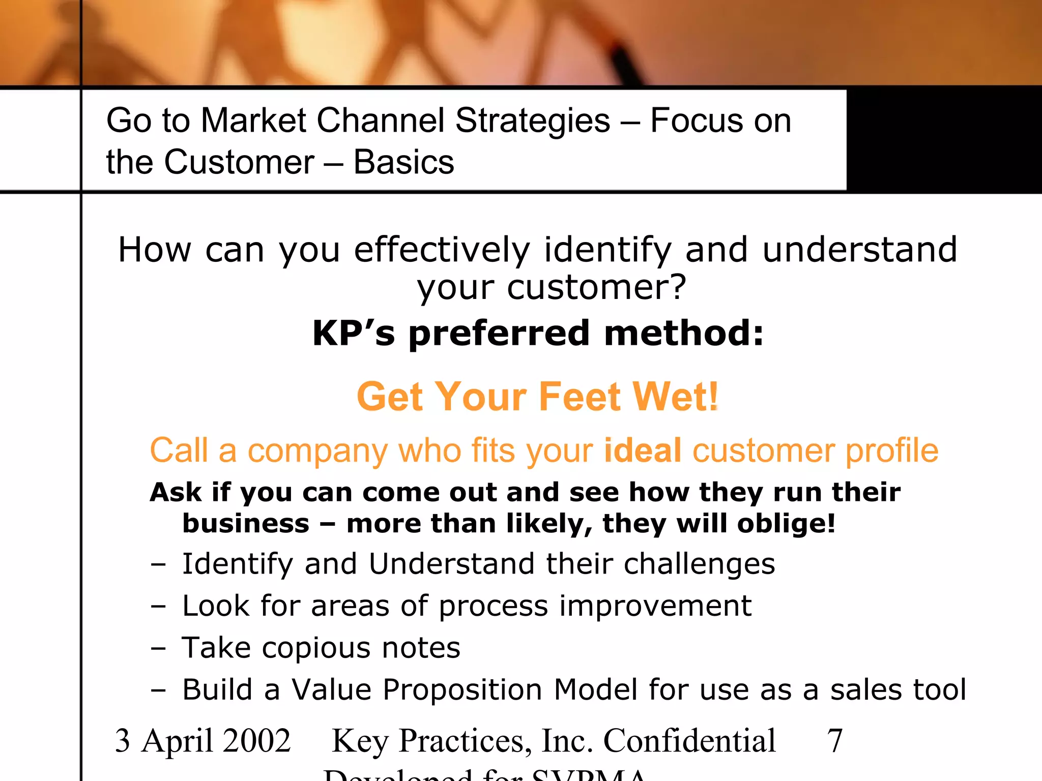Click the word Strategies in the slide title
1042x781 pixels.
click(x=532, y=121)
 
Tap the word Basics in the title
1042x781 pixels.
click(x=403, y=163)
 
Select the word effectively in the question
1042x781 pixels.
click(x=442, y=250)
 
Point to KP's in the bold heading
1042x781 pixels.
click(x=354, y=334)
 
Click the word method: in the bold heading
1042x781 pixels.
click(x=684, y=334)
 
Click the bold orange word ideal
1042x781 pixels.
click(x=643, y=450)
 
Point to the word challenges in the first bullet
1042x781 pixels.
click(x=699, y=564)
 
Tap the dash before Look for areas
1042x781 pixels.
click(x=158, y=606)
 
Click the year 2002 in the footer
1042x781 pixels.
click(x=257, y=740)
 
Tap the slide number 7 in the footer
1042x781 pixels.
click(x=835, y=740)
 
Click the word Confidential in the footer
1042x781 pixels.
click(x=689, y=740)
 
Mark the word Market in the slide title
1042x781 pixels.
click(x=253, y=121)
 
